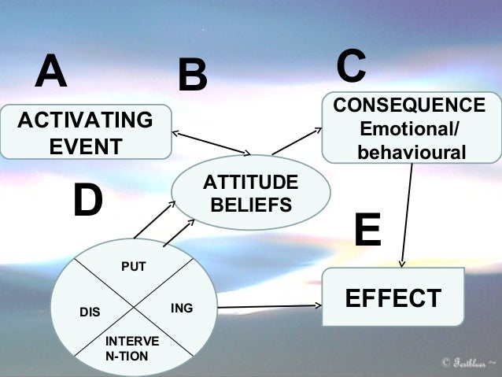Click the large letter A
(50, 72)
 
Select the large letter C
(351, 66)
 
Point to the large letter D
(87, 201)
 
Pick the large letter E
(367, 230)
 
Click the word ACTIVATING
(85, 120)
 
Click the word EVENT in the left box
(85, 146)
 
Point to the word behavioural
(412, 151)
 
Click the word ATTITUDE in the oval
(251, 183)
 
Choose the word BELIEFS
(251, 205)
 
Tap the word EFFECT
(393, 298)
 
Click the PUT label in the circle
(133, 268)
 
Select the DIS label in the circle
(90, 312)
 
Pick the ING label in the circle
(181, 308)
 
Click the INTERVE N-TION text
(131, 348)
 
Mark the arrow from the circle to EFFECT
(268, 306)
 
